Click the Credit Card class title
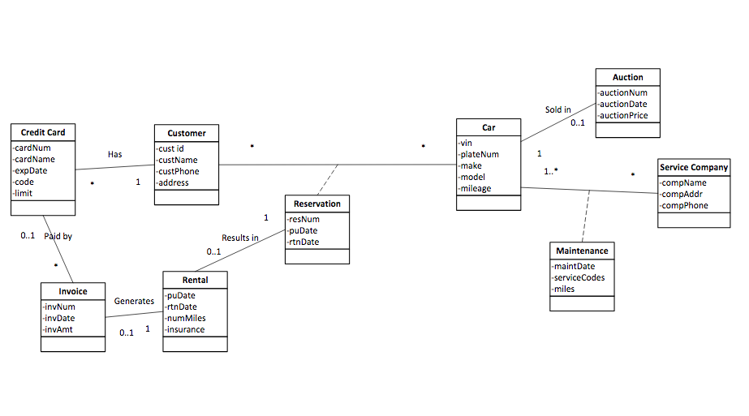pos(43,132)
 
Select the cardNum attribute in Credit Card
pos(32,148)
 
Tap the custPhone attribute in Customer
pos(178,171)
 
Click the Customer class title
pos(187,133)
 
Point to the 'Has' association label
pos(115,154)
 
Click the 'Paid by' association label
pos(58,236)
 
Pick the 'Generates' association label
pos(134,301)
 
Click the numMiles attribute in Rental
pos(186,318)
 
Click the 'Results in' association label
pos(240,238)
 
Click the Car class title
pos(489,127)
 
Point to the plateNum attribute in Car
pos(480,154)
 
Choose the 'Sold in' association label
pos(557,109)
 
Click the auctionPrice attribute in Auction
pos(624,115)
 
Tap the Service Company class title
pos(694,167)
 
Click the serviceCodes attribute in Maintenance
pos(579,277)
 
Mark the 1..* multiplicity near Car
pos(551,171)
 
